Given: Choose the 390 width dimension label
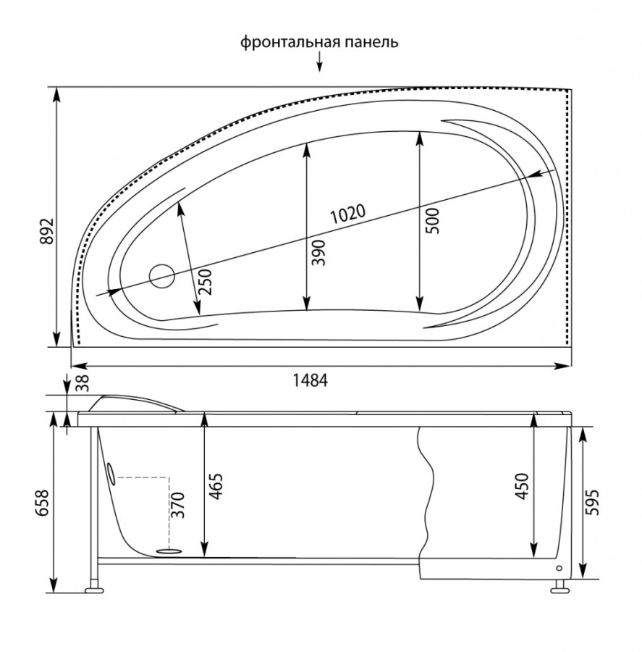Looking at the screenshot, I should (x=319, y=252).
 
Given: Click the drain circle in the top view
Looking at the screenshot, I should (x=161, y=276).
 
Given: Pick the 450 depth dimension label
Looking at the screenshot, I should (x=522, y=487).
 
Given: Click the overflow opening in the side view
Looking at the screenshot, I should (x=110, y=472).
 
